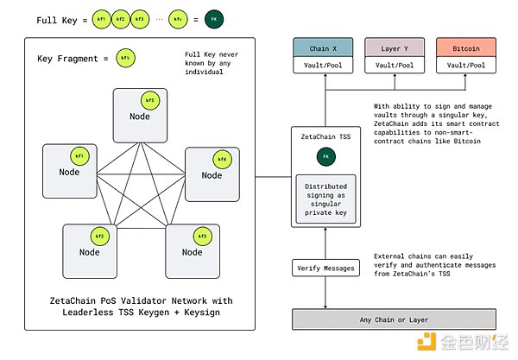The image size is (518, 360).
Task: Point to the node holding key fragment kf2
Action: pos(89,249)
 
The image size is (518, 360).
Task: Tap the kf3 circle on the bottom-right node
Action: pos(203,235)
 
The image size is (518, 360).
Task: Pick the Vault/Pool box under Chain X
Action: pos(324,66)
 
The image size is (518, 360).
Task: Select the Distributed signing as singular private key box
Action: pos(325,198)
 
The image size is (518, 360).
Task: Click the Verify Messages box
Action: pos(325,268)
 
